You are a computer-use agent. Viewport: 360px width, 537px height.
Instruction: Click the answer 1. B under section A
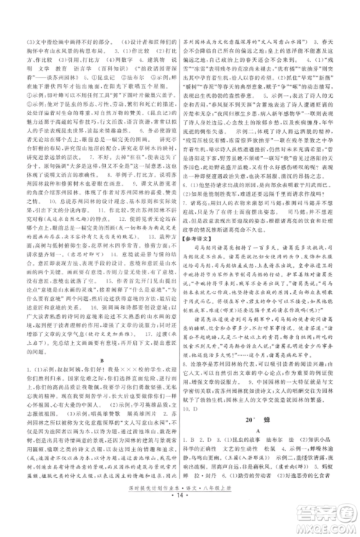[x=190, y=431]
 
